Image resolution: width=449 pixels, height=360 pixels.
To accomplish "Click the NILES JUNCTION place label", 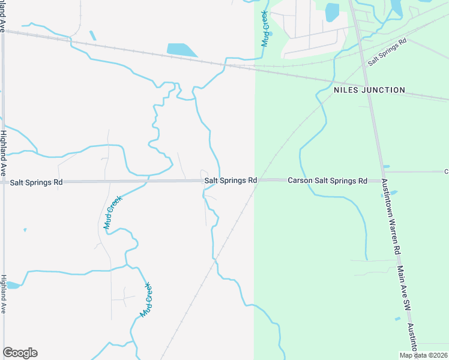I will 369,90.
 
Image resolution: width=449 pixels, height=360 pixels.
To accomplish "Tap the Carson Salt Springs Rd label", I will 327,180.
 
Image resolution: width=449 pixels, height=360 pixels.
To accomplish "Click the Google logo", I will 20,353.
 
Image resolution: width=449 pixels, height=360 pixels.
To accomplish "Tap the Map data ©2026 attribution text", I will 423,355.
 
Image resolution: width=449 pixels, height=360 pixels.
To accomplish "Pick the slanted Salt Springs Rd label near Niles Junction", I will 387,52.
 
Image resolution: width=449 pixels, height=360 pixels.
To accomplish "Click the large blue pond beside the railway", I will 182,50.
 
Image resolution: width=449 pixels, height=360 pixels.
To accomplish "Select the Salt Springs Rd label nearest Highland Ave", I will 37,182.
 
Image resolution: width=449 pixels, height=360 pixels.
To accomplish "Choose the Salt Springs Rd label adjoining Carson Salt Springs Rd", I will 231,180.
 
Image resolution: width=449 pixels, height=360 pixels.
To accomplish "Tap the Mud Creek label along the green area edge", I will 265,28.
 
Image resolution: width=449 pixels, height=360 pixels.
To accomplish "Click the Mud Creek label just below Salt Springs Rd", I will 113,213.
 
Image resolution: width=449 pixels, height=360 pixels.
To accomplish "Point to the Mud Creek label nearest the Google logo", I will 145,301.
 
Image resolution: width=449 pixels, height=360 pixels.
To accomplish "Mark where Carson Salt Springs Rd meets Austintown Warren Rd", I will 382,179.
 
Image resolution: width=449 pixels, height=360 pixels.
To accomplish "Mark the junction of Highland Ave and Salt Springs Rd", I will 4,182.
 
